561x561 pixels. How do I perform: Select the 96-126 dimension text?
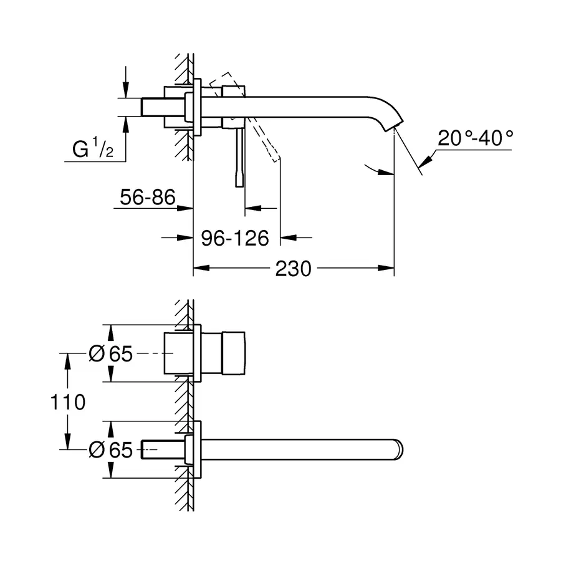click(x=235, y=237)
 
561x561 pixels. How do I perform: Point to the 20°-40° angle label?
click(x=475, y=138)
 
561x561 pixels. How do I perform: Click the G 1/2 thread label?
click(x=92, y=150)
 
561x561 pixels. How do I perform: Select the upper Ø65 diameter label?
click(x=112, y=353)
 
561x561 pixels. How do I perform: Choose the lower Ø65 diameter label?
click(x=112, y=450)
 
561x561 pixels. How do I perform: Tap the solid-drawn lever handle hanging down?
click(x=239, y=156)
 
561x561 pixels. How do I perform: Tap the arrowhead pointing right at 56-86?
click(x=186, y=208)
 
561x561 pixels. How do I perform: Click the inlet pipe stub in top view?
click(x=153, y=107)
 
